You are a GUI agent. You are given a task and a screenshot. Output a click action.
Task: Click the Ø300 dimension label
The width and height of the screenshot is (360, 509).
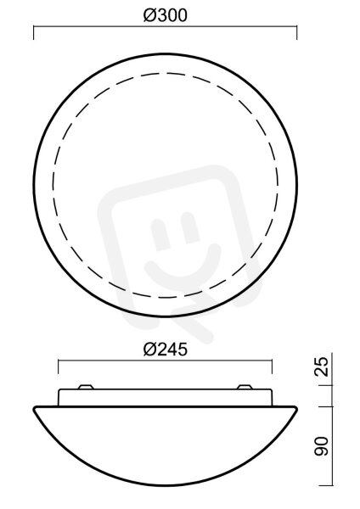tap(166, 15)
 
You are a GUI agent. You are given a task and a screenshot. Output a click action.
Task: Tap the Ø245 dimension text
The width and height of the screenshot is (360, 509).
tap(166, 350)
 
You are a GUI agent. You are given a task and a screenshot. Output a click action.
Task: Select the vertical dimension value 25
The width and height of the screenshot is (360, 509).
tap(322, 366)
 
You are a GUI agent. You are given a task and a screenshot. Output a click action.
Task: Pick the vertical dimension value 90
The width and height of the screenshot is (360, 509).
tap(322, 446)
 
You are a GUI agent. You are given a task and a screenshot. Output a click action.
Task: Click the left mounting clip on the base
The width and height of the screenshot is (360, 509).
tap(86, 387)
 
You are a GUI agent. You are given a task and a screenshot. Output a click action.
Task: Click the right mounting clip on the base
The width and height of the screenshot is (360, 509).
tap(245, 387)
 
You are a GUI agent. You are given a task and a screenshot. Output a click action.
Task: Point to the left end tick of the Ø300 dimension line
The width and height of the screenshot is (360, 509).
tap(33, 33)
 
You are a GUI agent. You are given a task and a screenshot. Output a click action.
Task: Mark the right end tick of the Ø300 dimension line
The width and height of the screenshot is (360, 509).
tap(297, 33)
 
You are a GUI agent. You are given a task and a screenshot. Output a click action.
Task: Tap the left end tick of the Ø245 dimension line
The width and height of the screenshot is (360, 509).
tap(58, 366)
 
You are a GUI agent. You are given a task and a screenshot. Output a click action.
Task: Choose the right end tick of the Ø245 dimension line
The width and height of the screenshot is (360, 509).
tap(272, 366)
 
